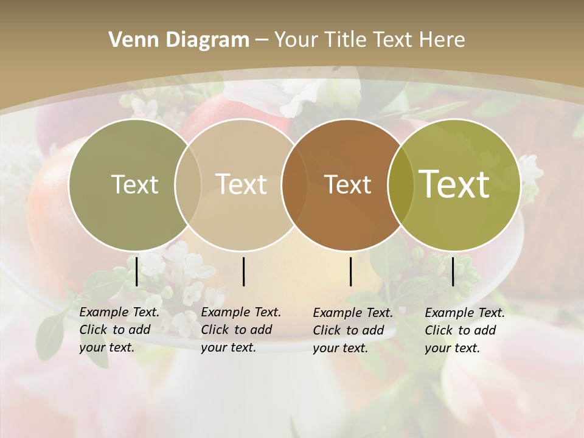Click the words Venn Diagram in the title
179,40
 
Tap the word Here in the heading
442,40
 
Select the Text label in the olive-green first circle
134,184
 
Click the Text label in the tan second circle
241,184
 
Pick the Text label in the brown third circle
347,185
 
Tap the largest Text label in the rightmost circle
454,184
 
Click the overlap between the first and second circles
188,185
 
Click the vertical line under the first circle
137,271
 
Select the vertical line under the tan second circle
243,271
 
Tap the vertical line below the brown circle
351,271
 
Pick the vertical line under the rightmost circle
453,271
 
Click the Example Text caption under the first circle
119,330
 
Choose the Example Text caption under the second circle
240,330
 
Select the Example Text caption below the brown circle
352,330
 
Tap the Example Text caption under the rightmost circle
464,330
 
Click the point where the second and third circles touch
294,185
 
